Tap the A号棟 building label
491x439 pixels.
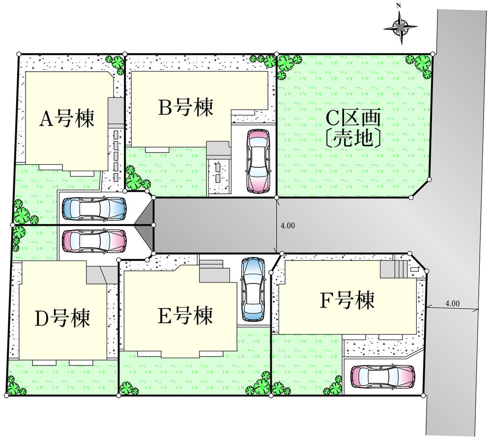(x=67, y=118)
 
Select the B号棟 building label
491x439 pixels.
(x=186, y=107)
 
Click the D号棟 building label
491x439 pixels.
(x=62, y=319)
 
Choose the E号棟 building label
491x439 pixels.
(x=185, y=316)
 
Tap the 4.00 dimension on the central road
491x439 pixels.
(x=288, y=226)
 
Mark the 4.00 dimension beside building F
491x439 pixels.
(x=452, y=304)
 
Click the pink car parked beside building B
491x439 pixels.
(x=259, y=160)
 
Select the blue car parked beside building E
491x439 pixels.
(x=253, y=289)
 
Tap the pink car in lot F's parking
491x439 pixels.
(x=382, y=377)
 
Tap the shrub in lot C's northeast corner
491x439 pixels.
(x=421, y=64)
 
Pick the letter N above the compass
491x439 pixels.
(x=399, y=6)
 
